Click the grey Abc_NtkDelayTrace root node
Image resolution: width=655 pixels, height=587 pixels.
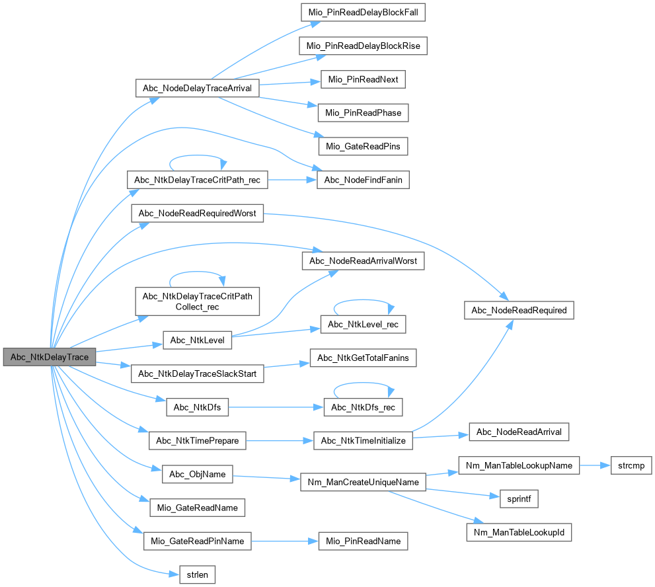click(x=50, y=357)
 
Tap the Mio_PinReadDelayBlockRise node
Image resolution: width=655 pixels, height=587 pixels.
click(x=363, y=46)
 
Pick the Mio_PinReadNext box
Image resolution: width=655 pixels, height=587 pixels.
click(x=362, y=80)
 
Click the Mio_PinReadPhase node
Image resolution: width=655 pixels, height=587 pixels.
click(x=363, y=113)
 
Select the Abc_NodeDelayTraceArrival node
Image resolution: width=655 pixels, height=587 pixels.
click(x=196, y=89)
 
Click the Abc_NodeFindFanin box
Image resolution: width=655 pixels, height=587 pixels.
click(x=362, y=180)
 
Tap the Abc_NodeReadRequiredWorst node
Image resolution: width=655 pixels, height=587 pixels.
click(x=198, y=213)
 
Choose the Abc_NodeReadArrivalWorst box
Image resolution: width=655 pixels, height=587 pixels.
click(x=363, y=261)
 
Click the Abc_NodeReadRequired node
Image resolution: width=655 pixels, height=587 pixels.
click(x=519, y=310)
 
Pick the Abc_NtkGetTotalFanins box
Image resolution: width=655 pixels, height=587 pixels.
click(x=363, y=358)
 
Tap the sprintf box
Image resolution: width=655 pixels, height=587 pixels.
click(x=518, y=498)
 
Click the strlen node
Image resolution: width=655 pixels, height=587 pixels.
click(x=198, y=574)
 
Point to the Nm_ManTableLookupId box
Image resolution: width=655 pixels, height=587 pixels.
click(x=519, y=531)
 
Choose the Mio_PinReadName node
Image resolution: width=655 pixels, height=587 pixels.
click(x=363, y=541)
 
